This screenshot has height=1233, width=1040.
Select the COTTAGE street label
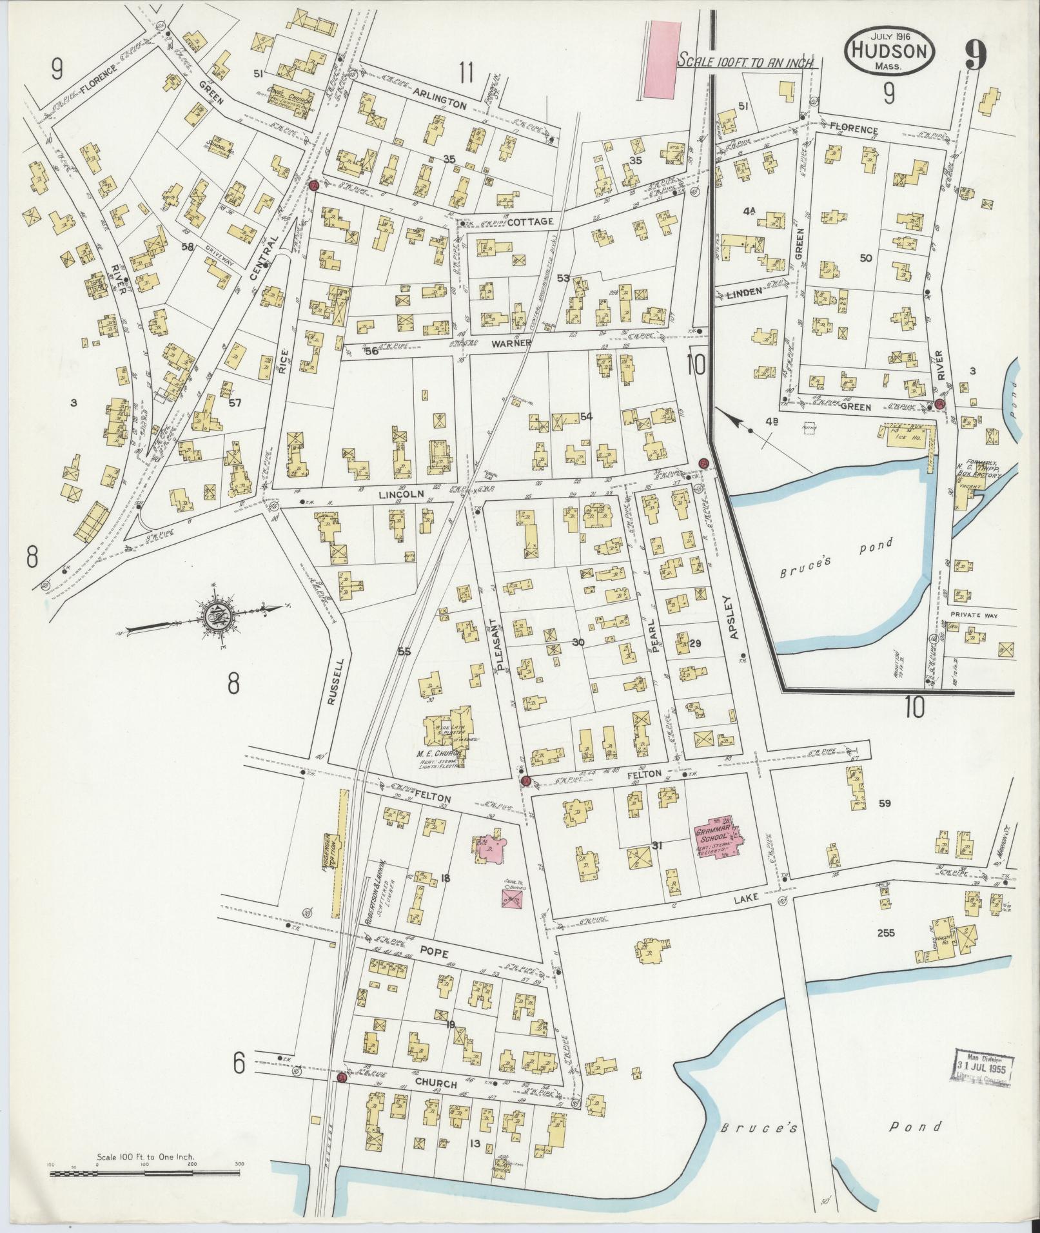530,221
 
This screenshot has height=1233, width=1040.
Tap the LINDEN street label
744,291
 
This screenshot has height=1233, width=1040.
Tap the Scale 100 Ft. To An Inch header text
747,61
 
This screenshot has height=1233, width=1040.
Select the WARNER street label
511,343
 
